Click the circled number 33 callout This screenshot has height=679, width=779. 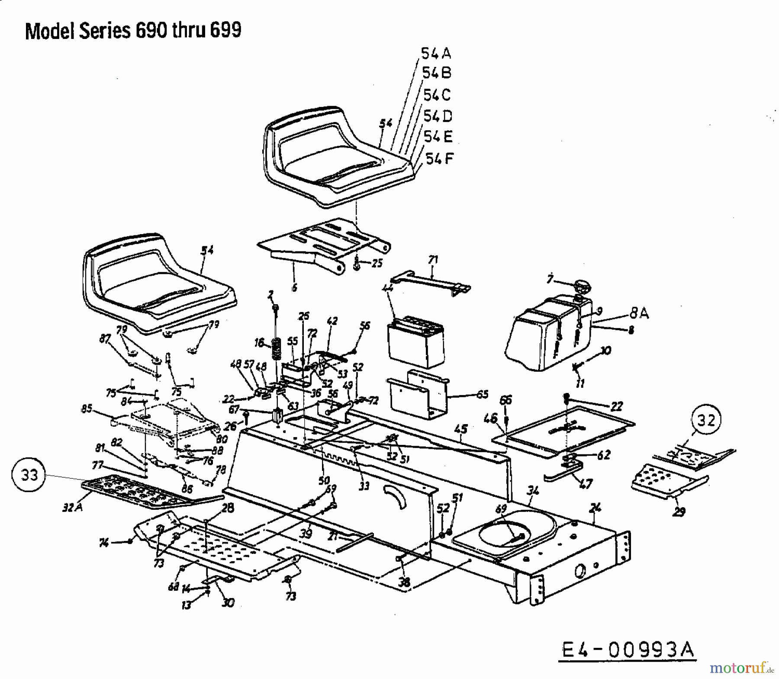point(30,475)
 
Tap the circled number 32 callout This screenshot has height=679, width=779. point(706,419)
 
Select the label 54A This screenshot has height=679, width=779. point(436,54)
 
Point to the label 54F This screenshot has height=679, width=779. point(439,159)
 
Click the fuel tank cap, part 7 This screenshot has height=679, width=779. point(582,287)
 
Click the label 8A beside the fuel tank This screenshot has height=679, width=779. point(638,313)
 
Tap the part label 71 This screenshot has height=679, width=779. point(433,260)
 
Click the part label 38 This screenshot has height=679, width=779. point(404,582)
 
